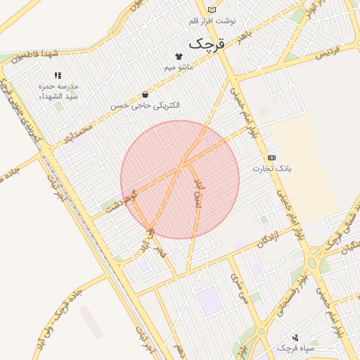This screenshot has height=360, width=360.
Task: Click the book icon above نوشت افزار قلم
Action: [212, 10]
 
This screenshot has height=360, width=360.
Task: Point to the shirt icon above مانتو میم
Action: [178, 57]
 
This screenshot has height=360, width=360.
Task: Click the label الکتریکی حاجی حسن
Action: [145, 105]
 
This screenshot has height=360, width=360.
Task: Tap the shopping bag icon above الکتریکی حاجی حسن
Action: [145, 94]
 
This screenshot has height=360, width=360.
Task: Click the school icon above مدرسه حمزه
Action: [58, 75]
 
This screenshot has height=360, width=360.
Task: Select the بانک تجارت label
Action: [272, 169]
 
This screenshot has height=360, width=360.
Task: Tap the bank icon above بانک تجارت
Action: [272, 157]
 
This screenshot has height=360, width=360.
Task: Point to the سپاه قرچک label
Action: [295, 348]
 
